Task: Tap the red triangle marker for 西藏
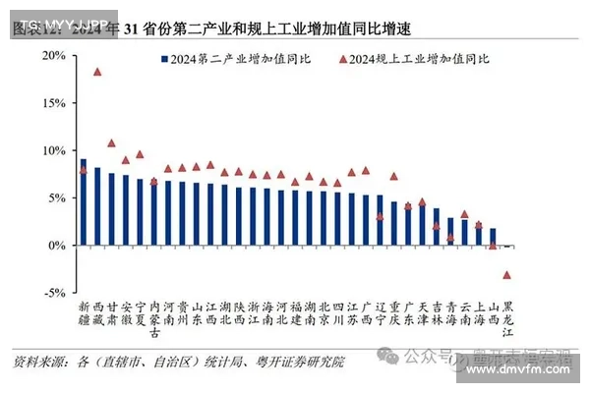coord(96,72)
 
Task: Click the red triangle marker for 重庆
coord(394,177)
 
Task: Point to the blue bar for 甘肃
coord(111,209)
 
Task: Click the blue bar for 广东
coord(408,225)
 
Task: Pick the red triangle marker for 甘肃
coord(111,143)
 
